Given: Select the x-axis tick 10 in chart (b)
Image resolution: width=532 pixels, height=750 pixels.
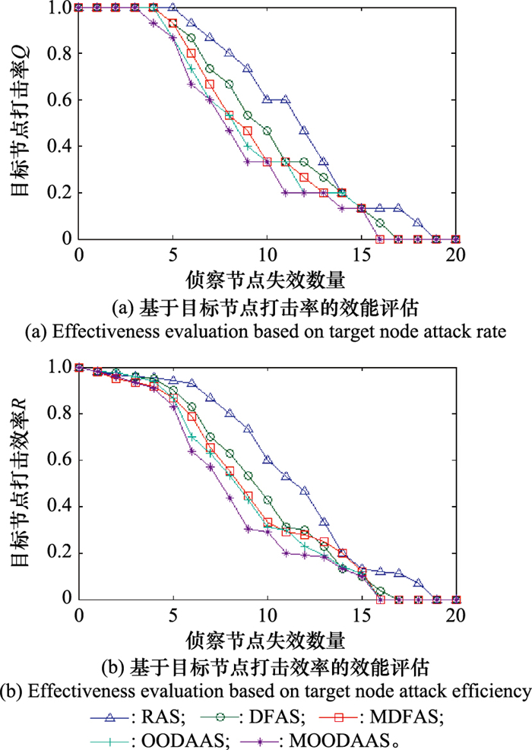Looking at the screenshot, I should click(267, 616).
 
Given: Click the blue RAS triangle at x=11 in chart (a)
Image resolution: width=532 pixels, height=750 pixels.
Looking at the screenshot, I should click(286, 100).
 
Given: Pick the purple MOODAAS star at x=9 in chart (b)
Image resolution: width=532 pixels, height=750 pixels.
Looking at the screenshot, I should click(248, 529).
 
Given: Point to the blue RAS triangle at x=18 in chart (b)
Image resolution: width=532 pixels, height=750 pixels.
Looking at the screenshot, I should click(417, 583).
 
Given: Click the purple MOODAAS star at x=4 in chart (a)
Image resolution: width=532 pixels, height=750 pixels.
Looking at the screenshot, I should click(154, 23).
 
